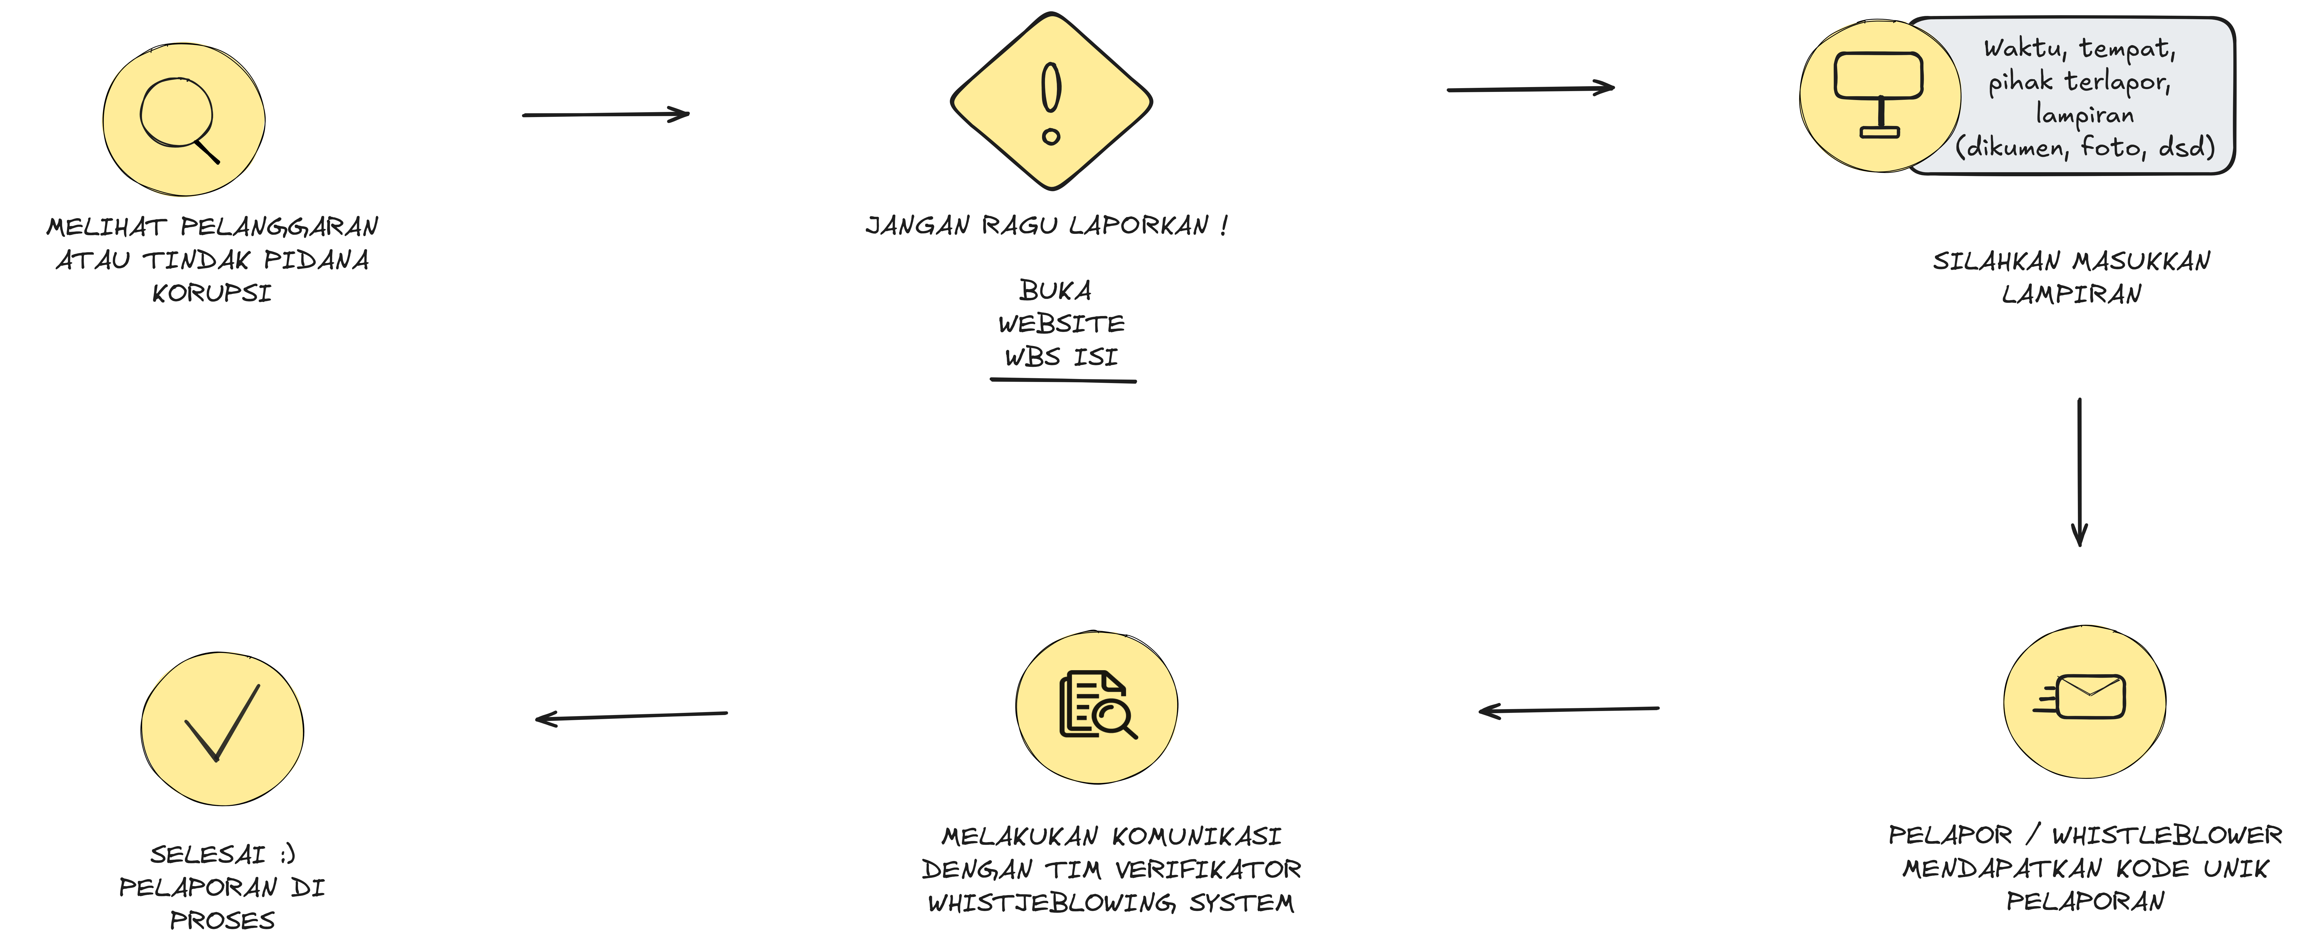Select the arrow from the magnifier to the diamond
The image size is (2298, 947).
[x=606, y=114]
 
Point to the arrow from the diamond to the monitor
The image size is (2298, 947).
[x=1530, y=88]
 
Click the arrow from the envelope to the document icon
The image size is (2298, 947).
[x=1568, y=710]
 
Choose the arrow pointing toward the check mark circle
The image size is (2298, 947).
[x=631, y=716]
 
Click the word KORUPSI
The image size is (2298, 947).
[x=211, y=293]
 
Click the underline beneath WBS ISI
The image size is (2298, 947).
[x=1063, y=381]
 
